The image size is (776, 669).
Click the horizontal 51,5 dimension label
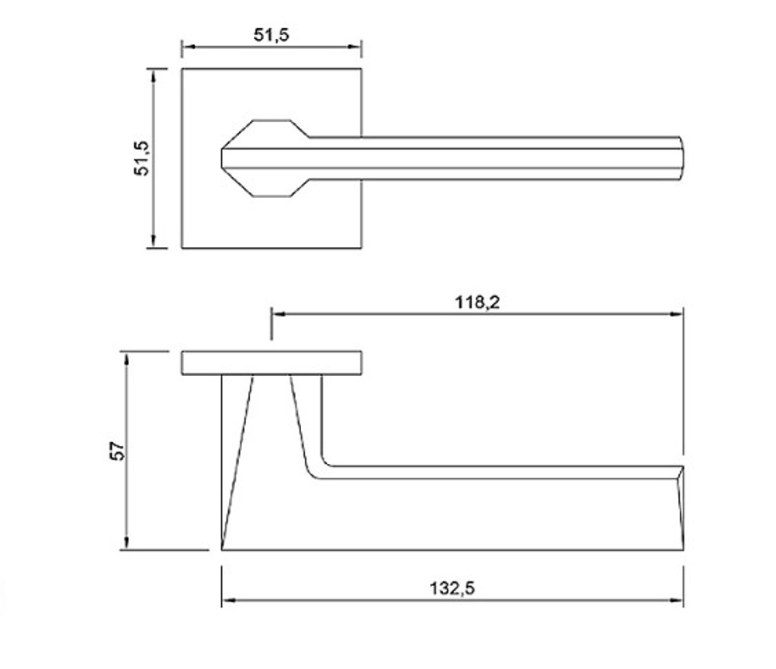pyautogui.click(x=271, y=35)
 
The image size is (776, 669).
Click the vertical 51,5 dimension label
pyautogui.click(x=141, y=158)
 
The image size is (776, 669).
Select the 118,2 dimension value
pyautogui.click(x=477, y=301)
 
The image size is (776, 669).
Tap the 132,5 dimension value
pyautogui.click(x=452, y=588)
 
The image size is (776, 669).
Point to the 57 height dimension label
pyautogui.click(x=118, y=451)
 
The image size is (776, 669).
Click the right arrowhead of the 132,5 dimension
pyautogui.click(x=677, y=600)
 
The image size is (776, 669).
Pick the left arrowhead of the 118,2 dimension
pyautogui.click(x=279, y=314)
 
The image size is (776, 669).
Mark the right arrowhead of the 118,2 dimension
pyautogui.click(x=677, y=314)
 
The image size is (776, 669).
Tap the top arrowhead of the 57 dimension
pyautogui.click(x=126, y=359)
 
